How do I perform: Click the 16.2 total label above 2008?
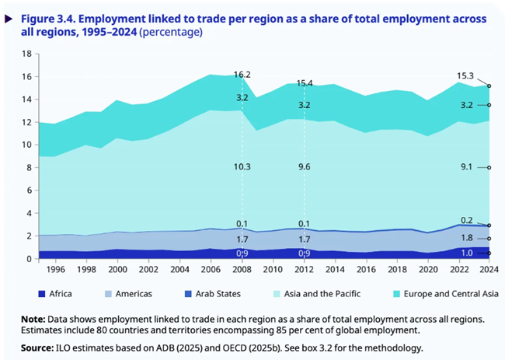coord(242,75)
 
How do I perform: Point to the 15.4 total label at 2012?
coord(303,82)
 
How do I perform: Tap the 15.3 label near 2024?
coord(466,76)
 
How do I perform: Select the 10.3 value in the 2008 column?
coord(242,166)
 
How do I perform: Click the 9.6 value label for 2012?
coord(303,166)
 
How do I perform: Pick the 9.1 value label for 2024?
coord(467,167)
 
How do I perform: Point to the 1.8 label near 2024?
coord(467,239)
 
